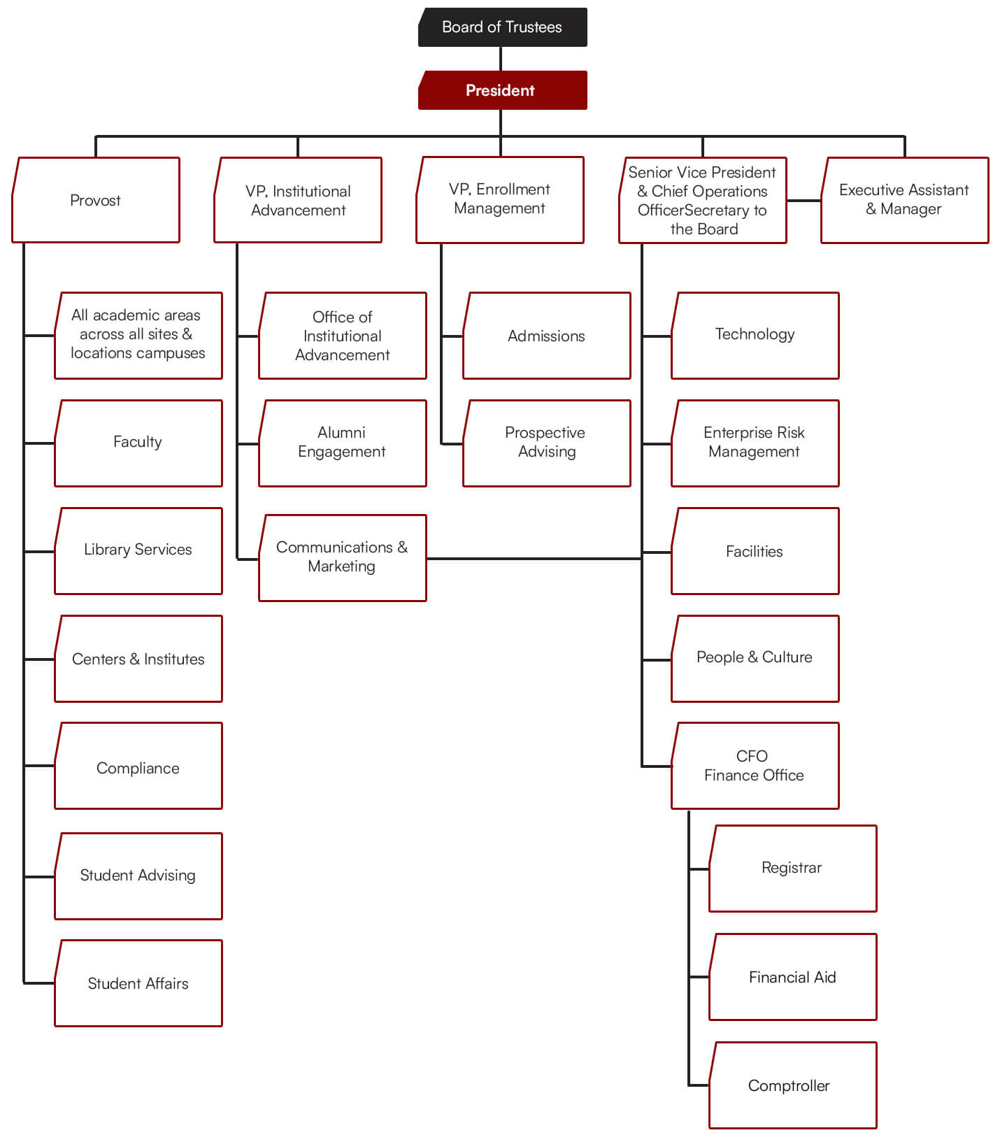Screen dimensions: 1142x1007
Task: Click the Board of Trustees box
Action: (502, 27)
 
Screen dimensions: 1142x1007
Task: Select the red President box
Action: (502, 90)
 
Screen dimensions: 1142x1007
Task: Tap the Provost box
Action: (96, 201)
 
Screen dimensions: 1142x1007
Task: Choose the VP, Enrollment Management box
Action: (500, 199)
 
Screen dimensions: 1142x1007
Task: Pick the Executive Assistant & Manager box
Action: (904, 200)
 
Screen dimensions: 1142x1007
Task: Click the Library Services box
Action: (138, 550)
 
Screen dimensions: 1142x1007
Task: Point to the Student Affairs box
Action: (138, 983)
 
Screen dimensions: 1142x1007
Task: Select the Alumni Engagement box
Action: (342, 443)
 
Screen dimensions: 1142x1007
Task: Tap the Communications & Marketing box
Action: (342, 557)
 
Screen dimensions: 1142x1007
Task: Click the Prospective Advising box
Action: (546, 443)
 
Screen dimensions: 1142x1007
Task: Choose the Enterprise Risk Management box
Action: (755, 443)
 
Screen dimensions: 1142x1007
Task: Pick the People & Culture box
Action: (755, 658)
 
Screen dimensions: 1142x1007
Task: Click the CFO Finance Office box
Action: (755, 766)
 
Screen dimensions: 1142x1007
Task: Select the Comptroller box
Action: (792, 1085)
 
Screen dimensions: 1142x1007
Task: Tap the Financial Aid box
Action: (792, 976)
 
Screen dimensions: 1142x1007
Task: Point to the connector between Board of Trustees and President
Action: (501, 59)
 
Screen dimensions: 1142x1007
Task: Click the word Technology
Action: (755, 334)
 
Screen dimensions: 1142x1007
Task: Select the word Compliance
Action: (138, 769)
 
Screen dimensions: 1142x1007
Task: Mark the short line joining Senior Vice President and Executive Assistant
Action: (804, 201)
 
